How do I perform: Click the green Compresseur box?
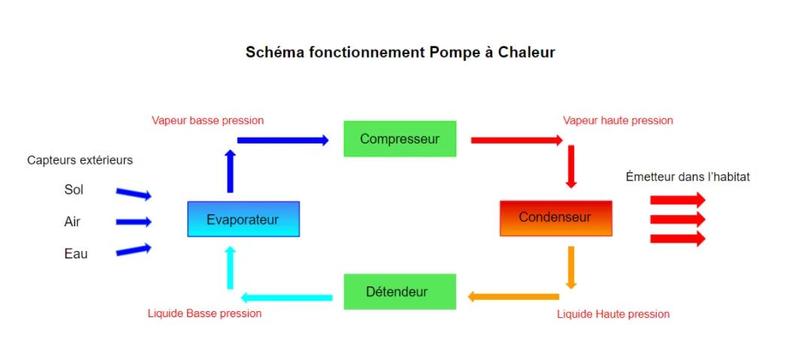click(x=400, y=139)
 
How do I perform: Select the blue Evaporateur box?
click(x=243, y=219)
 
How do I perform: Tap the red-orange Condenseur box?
click(x=555, y=218)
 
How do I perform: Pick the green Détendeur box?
click(x=400, y=292)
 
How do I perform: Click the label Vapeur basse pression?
click(x=207, y=120)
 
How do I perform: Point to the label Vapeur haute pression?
click(x=618, y=120)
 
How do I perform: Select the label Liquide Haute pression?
click(x=613, y=314)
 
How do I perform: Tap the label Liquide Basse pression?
click(x=204, y=313)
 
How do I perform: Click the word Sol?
click(x=74, y=190)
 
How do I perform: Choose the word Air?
click(x=72, y=222)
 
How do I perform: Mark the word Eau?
click(x=75, y=254)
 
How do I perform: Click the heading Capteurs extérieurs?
click(x=80, y=160)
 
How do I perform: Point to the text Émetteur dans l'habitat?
click(x=688, y=177)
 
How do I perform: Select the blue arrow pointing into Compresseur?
click(x=283, y=140)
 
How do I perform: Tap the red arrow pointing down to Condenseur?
click(x=571, y=166)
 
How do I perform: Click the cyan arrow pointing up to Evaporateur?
click(x=230, y=268)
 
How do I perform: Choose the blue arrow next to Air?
click(x=134, y=222)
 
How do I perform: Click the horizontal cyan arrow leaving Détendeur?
click(x=286, y=298)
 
